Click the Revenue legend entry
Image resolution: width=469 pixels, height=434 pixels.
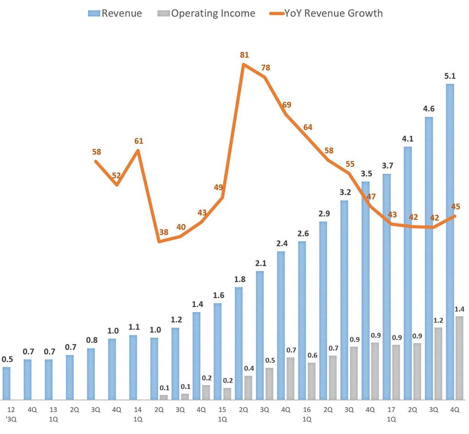point(115,13)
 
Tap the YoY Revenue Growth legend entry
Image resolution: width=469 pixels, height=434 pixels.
point(326,13)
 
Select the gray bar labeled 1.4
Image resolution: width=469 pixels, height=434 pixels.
point(459,357)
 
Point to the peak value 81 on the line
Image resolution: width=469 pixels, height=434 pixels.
point(244,55)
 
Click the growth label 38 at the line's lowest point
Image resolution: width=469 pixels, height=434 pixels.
point(164,232)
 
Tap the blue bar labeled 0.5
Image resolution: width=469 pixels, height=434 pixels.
point(6,383)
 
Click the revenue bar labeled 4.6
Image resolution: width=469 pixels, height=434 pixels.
point(429,257)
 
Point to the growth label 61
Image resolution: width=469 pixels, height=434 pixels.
point(138,141)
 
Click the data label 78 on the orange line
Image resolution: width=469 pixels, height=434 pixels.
point(265,67)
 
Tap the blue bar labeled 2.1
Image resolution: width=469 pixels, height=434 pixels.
point(260,335)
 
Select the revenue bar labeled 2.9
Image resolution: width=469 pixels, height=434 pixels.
point(323,310)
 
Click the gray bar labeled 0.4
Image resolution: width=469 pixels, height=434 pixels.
point(248,387)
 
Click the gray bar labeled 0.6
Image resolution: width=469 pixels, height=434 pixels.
point(312,380)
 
